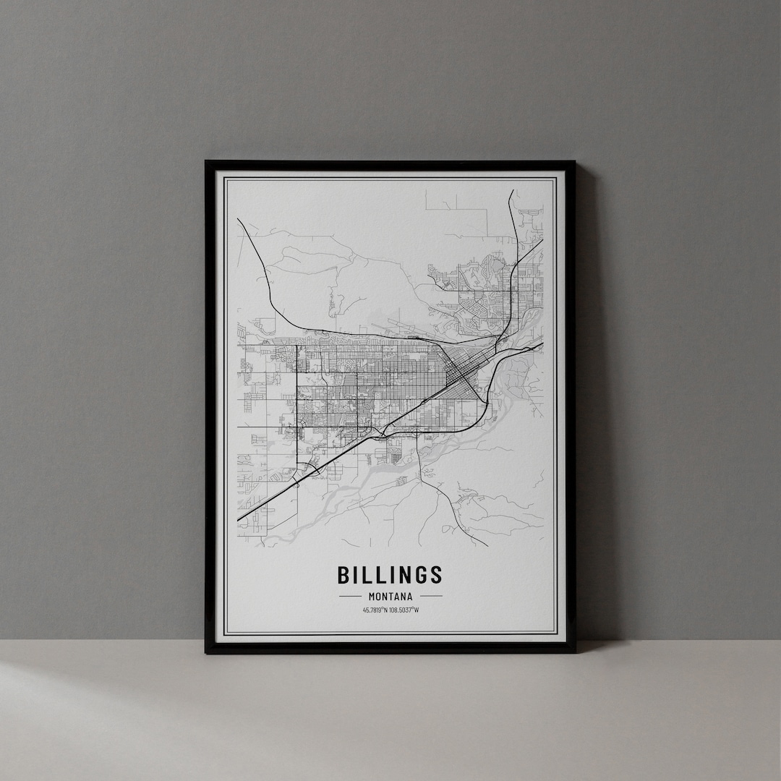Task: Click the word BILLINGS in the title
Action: [x=390, y=575]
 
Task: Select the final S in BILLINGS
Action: [x=435, y=575]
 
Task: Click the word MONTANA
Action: [x=390, y=597]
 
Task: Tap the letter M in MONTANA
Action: [x=371, y=597]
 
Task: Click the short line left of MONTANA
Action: [x=349, y=597]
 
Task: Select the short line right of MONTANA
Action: [x=431, y=597]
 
